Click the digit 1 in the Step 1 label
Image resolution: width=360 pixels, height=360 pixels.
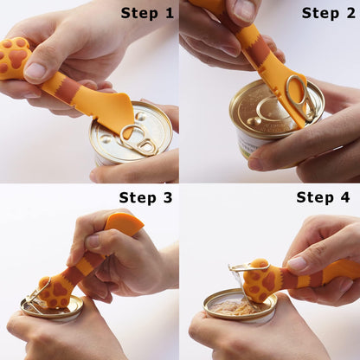pos(170,13)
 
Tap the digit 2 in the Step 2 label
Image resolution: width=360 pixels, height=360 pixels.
pos(351,13)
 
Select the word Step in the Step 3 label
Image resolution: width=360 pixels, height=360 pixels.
pos(135,198)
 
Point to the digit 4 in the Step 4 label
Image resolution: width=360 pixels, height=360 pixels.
pos(345,197)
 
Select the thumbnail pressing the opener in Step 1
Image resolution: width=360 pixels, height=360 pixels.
pos(35,71)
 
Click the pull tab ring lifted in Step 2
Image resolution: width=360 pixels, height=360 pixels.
pos(300,97)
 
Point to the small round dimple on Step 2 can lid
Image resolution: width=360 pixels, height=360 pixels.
pos(252,120)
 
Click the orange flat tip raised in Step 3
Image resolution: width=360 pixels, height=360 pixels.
pos(125,222)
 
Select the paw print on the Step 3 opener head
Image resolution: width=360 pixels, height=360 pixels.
pos(55,292)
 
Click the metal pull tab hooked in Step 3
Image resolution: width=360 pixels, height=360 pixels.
pos(36,297)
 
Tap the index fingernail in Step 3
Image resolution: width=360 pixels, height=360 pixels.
pos(93,241)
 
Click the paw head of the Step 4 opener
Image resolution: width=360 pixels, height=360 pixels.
pos(260,280)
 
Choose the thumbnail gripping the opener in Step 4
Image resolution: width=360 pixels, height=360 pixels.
pos(297,263)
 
